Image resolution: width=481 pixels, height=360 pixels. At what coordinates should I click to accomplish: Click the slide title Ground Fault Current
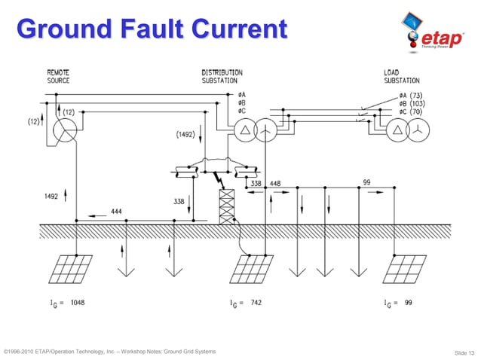pyautogui.click(x=152, y=29)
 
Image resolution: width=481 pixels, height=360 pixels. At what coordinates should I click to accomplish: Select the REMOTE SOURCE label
pyautogui.click(x=59, y=76)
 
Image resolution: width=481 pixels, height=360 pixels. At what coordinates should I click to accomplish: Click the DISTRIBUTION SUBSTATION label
pyautogui.click(x=219, y=76)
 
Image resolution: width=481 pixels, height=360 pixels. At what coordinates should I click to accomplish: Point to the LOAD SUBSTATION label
pyautogui.click(x=402, y=76)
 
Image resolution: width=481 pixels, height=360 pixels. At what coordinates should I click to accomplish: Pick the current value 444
pyautogui.click(x=117, y=212)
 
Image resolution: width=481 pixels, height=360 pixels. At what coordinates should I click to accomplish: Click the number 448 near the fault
pyautogui.click(x=275, y=183)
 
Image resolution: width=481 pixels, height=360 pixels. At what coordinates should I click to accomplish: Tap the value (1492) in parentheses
pyautogui.click(x=185, y=135)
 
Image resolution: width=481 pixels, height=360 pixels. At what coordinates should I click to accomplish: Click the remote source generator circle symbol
pyautogui.click(x=66, y=130)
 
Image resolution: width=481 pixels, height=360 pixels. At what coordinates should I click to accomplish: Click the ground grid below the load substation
pyautogui.click(x=406, y=267)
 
